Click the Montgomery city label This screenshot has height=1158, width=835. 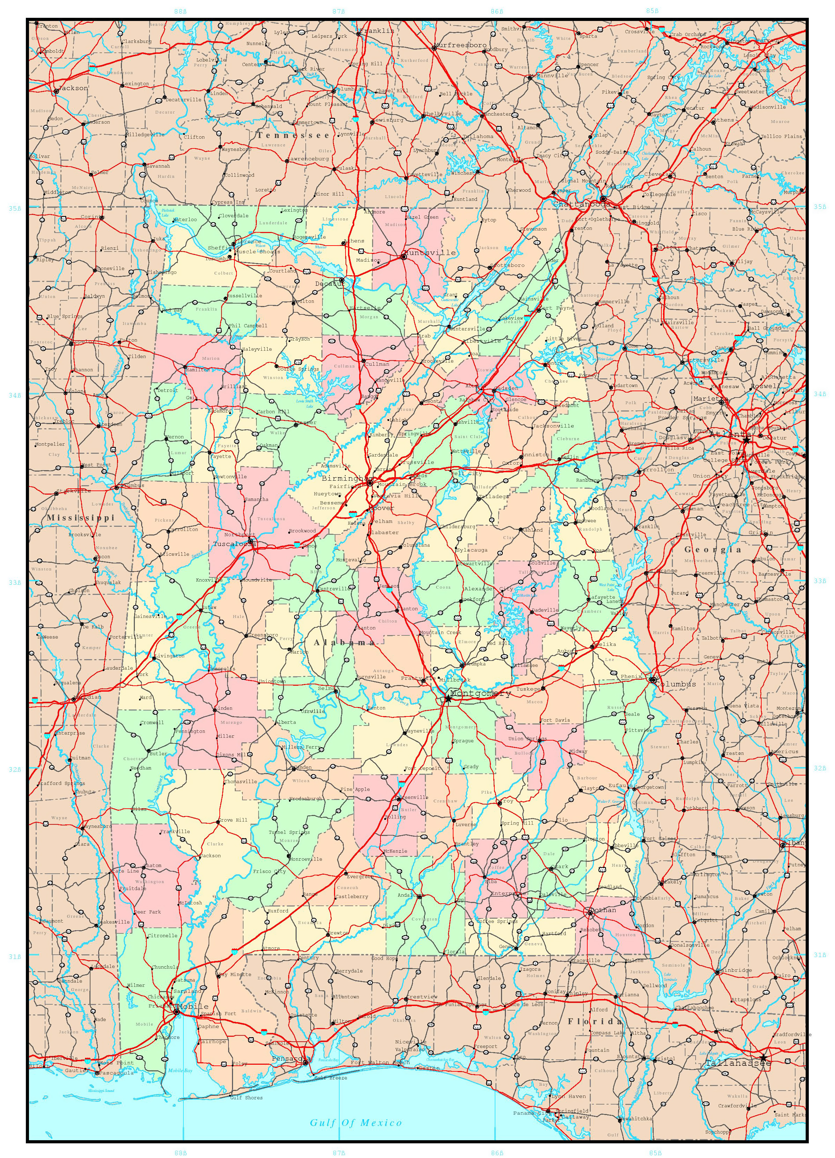(480, 694)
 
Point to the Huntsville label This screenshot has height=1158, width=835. (430, 253)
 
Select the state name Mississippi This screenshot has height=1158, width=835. (81, 518)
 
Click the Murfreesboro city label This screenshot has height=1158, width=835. (461, 45)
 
